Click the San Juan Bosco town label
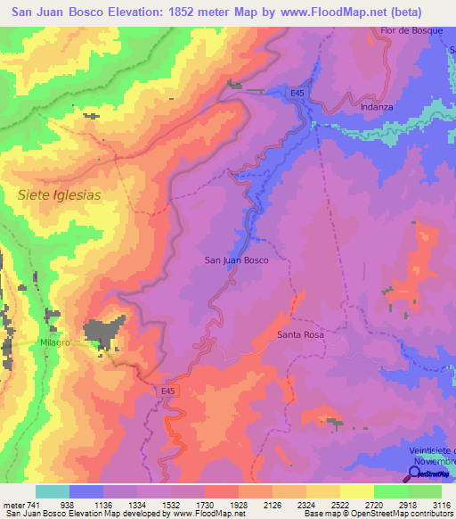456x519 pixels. click(x=236, y=260)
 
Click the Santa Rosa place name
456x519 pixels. click(x=299, y=335)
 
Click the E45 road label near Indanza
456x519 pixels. click(x=298, y=92)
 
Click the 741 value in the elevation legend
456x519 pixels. click(x=34, y=505)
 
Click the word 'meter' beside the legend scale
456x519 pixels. click(x=12, y=505)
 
